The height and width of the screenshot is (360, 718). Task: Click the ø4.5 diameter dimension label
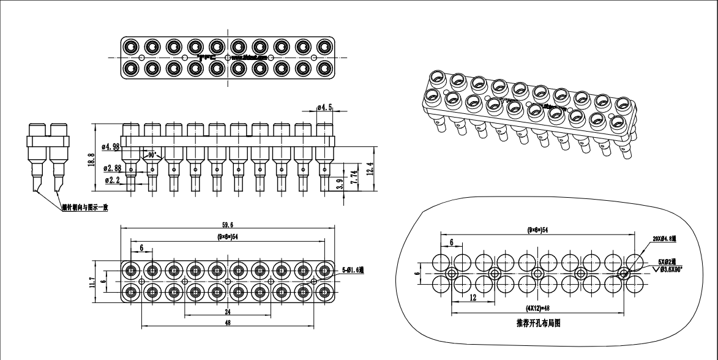click(325, 108)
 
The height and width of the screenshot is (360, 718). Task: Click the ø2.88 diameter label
click(112, 168)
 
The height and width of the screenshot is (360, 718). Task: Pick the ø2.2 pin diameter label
click(112, 180)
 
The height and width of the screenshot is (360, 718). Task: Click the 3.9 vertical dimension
click(340, 184)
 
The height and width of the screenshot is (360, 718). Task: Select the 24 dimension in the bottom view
click(228, 310)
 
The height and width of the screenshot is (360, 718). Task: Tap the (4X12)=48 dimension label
click(537, 307)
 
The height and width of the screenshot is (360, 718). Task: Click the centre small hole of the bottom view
click(228, 280)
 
